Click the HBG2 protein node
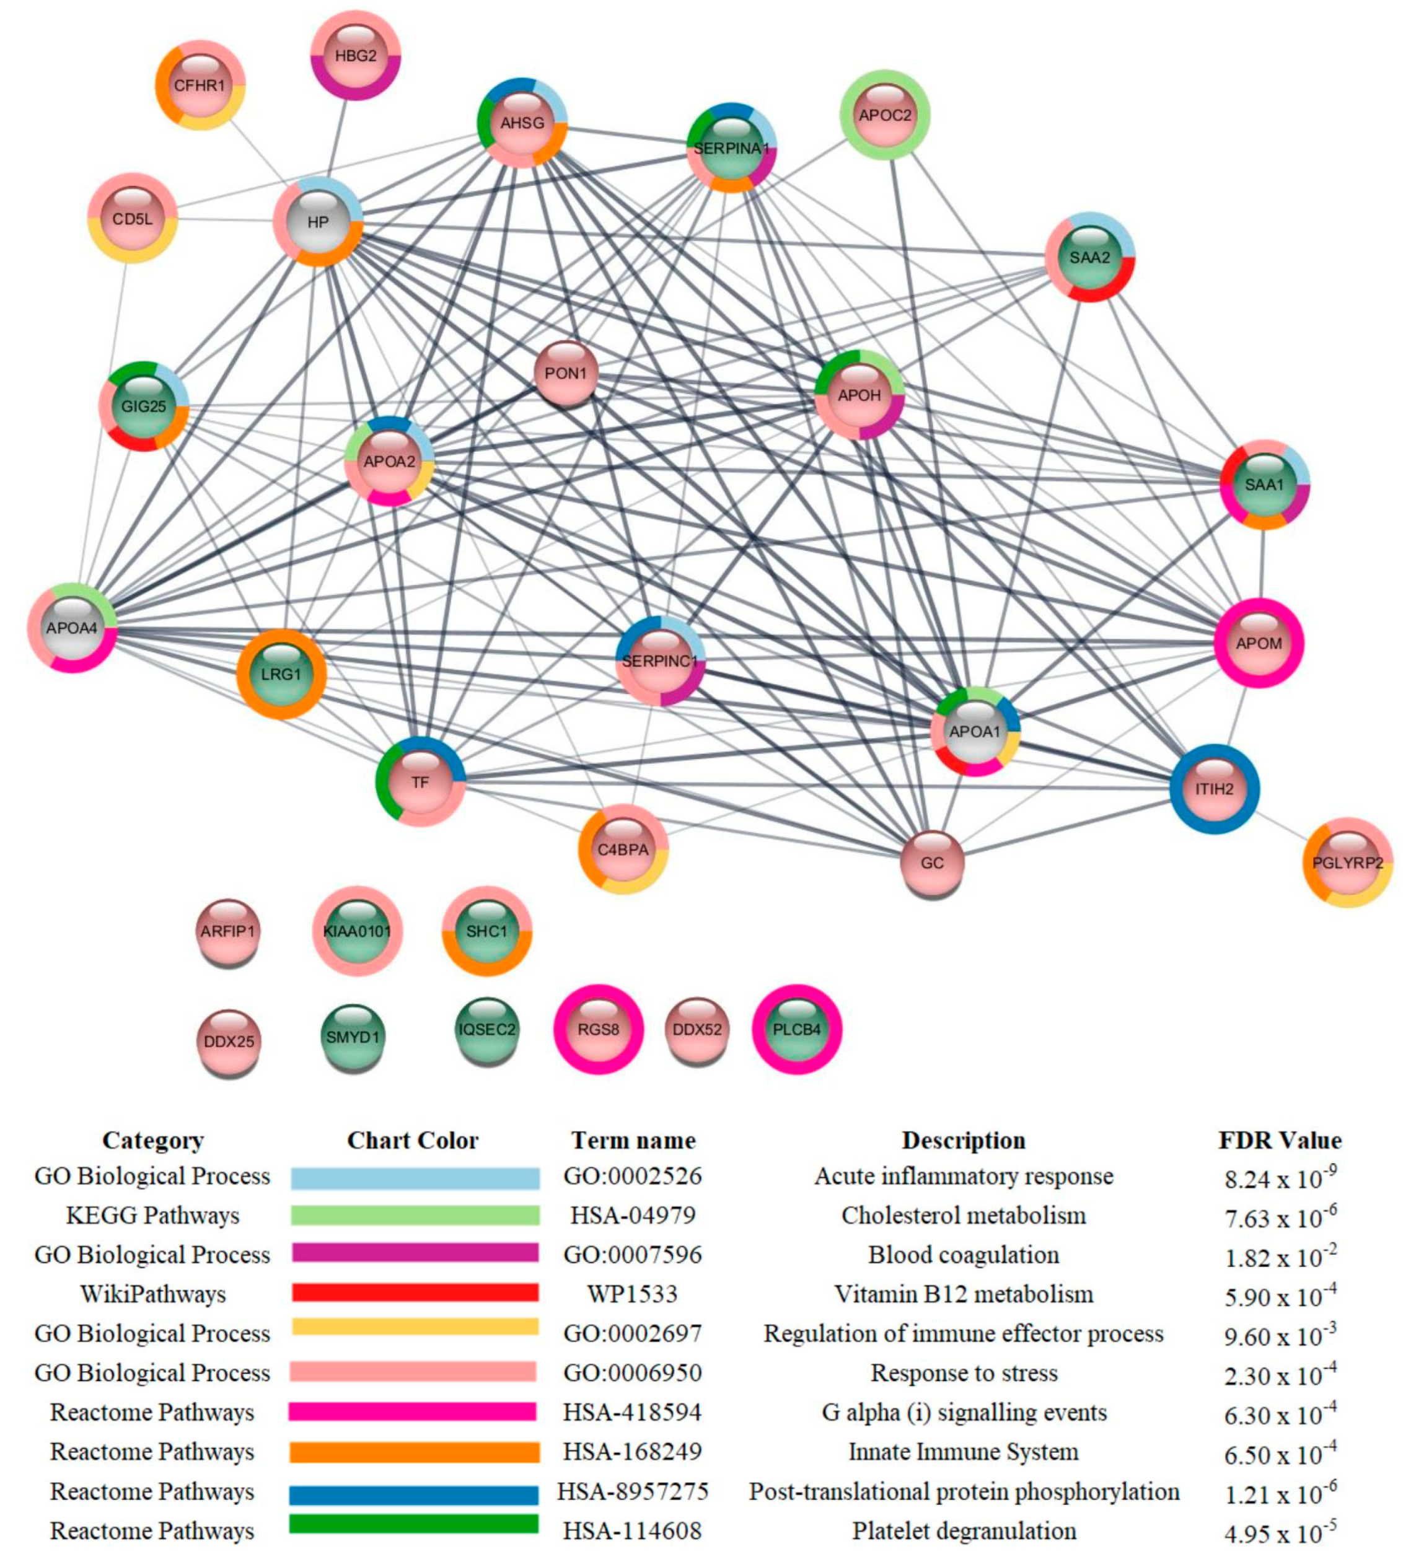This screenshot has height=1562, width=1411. coord(356,56)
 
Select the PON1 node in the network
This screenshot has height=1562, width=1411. coord(566,374)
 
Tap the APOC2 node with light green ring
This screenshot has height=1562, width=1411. coord(885,115)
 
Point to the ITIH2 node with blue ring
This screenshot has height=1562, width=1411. coord(1213,789)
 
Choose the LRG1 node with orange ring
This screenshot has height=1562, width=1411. coord(281,674)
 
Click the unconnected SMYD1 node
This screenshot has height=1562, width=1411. coord(353,1037)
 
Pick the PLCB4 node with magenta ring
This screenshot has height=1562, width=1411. coord(796,1030)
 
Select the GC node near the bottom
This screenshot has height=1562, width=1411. coord(932,862)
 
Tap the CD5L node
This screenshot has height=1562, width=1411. coord(133,219)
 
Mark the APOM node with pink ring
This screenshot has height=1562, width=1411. coord(1259,643)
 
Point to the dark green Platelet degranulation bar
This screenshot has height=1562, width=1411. coord(415,1524)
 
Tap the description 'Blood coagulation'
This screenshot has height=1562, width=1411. coord(963,1255)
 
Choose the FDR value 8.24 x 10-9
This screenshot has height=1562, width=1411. coord(1280,1178)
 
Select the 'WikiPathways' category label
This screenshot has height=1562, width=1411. coord(152,1294)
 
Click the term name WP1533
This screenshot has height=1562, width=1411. coord(632,1294)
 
